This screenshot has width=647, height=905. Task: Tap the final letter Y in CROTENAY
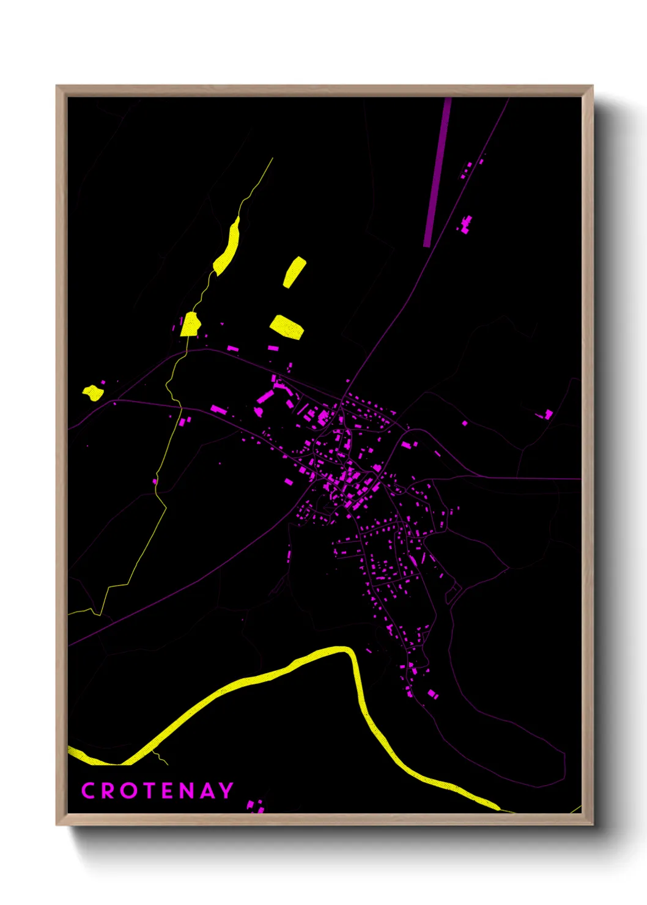pyautogui.click(x=226, y=791)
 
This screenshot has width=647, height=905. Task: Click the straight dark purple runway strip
pyautogui.click(x=437, y=171)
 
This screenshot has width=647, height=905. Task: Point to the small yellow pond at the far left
pyautogui.click(x=94, y=393)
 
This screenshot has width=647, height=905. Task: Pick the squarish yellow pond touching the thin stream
pyautogui.click(x=190, y=325)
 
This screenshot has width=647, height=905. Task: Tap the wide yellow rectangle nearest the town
pyautogui.click(x=287, y=327)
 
